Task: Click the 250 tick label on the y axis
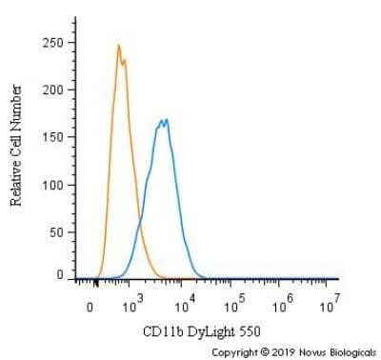(x=54, y=42)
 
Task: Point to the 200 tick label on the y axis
(x=54, y=90)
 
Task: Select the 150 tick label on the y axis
(x=54, y=136)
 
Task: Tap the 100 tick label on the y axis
(x=54, y=183)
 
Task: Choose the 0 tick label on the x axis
(x=90, y=309)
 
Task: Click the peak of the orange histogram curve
(x=118, y=45)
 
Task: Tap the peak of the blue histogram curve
(x=166, y=120)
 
